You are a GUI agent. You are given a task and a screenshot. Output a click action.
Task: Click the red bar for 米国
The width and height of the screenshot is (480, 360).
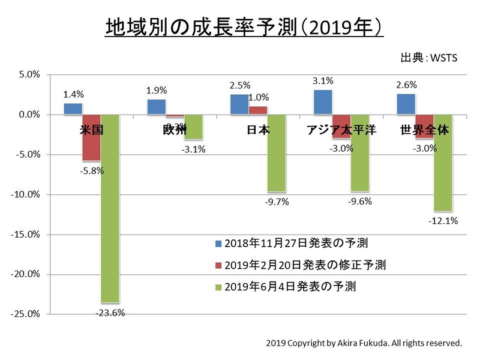pyautogui.click(x=92, y=137)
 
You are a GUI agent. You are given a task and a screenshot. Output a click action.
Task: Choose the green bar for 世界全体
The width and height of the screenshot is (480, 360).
pyautogui.click(x=443, y=163)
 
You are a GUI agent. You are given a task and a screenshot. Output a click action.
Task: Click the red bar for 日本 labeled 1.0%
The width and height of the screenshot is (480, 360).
pyautogui.click(x=258, y=110)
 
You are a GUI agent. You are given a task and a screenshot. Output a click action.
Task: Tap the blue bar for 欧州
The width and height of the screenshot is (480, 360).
pyautogui.click(x=156, y=107)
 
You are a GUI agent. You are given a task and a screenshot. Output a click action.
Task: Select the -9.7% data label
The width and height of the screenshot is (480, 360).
pyautogui.click(x=277, y=202)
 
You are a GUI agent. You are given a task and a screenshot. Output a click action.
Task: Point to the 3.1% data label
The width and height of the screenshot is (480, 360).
pyautogui.click(x=323, y=80)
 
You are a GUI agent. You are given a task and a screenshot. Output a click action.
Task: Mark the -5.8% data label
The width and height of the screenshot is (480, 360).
pyautogui.click(x=91, y=170)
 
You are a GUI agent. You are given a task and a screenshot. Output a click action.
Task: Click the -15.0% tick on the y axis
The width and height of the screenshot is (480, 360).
pyautogui.click(x=27, y=235)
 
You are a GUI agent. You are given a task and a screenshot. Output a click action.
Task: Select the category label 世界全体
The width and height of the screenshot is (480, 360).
pyautogui.click(x=425, y=130)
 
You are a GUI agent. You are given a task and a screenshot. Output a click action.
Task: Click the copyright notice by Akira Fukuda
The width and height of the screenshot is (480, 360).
pyautogui.click(x=364, y=344)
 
